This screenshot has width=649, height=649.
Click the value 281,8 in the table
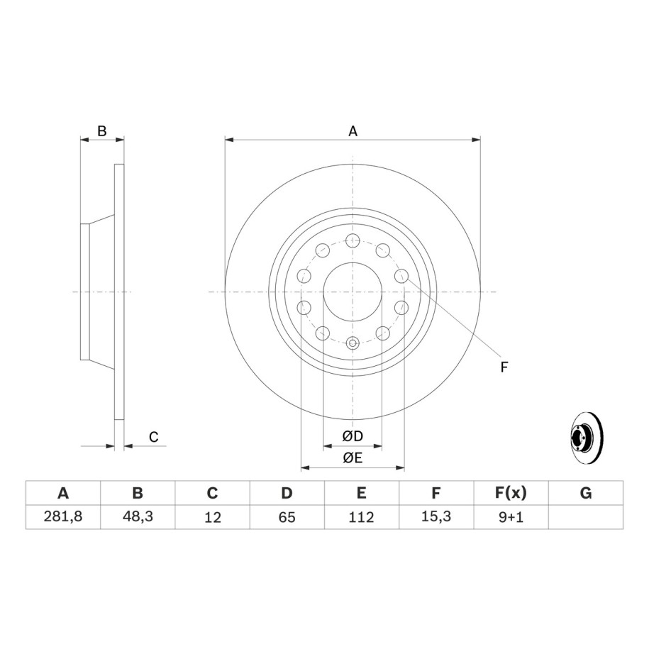[63, 517]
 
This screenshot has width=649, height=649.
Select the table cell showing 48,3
[138, 517]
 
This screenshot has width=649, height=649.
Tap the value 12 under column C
[213, 517]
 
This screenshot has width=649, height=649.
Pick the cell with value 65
[287, 517]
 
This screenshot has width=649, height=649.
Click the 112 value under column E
[361, 517]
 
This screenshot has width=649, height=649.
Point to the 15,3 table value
[436, 517]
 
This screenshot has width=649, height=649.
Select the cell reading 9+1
[511, 517]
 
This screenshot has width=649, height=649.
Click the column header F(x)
[511, 493]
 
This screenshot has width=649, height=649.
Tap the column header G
[585, 493]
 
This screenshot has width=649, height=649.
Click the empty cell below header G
[585, 517]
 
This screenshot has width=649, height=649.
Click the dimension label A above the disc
[353, 131]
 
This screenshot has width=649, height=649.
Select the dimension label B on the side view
[101, 131]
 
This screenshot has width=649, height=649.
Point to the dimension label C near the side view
[153, 437]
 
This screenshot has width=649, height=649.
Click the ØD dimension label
[353, 436]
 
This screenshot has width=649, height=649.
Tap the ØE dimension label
[353, 458]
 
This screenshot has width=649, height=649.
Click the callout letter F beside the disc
[504, 367]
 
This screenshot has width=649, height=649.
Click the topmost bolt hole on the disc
[353, 240]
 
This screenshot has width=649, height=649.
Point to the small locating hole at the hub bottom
[353, 344]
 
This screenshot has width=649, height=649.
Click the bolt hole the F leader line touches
[401, 276]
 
